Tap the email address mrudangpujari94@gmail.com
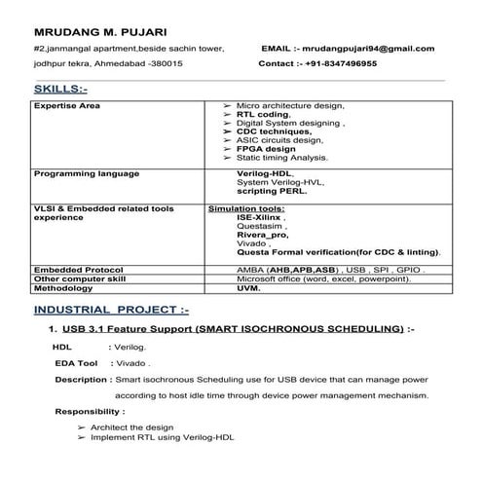(368, 48)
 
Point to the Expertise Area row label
(67, 105)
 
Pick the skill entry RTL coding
(264, 114)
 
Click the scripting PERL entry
(272, 192)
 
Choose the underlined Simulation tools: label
(246, 208)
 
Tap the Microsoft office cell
(317, 278)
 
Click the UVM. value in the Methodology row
(249, 288)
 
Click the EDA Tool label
(77, 362)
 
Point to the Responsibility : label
(90, 411)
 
